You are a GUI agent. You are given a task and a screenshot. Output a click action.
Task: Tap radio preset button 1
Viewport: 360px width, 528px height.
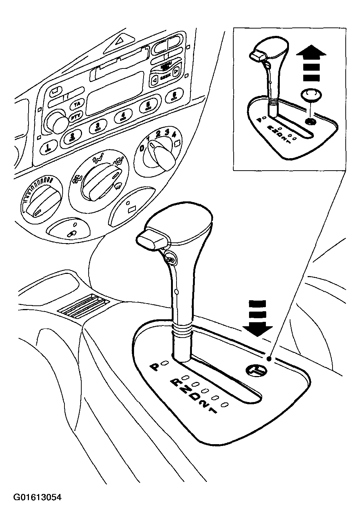pyautogui.click(x=47, y=148)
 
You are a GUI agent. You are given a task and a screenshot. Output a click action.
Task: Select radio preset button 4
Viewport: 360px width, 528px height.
pyautogui.click(x=122, y=117)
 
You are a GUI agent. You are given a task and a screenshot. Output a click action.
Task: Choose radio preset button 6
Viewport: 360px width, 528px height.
pyautogui.click(x=174, y=97)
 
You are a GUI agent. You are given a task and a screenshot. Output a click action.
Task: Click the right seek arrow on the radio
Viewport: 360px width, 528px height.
pyautogui.click(x=176, y=71)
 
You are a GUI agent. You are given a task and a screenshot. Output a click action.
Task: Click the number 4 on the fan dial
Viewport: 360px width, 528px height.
pyautogui.click(x=174, y=133)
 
